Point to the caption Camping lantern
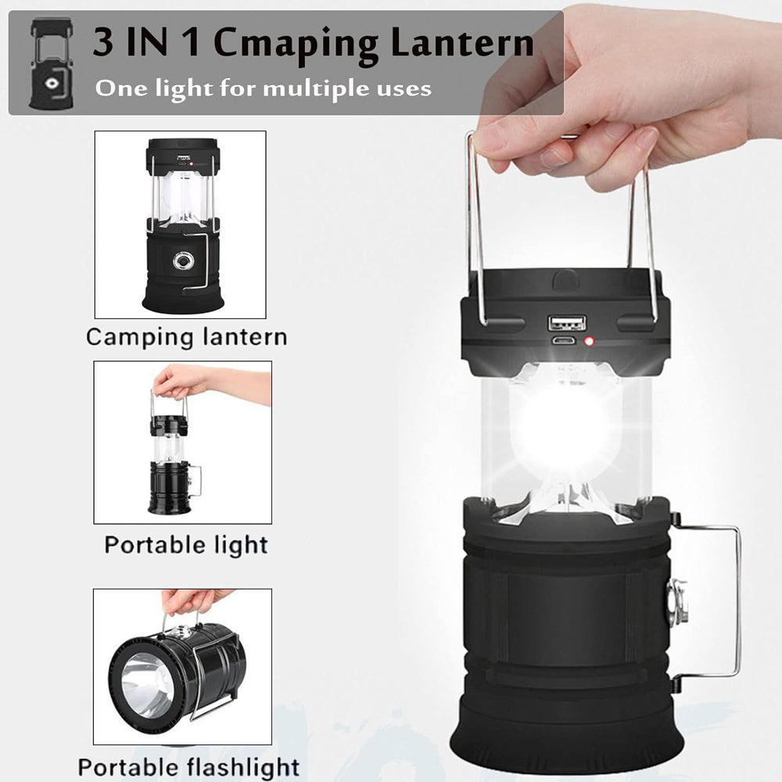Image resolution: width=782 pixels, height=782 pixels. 186,338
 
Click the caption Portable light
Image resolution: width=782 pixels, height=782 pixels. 186,544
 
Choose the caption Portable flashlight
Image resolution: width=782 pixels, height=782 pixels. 188,766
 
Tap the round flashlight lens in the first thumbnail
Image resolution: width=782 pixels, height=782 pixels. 184,260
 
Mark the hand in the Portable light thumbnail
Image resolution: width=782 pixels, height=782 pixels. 195,383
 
